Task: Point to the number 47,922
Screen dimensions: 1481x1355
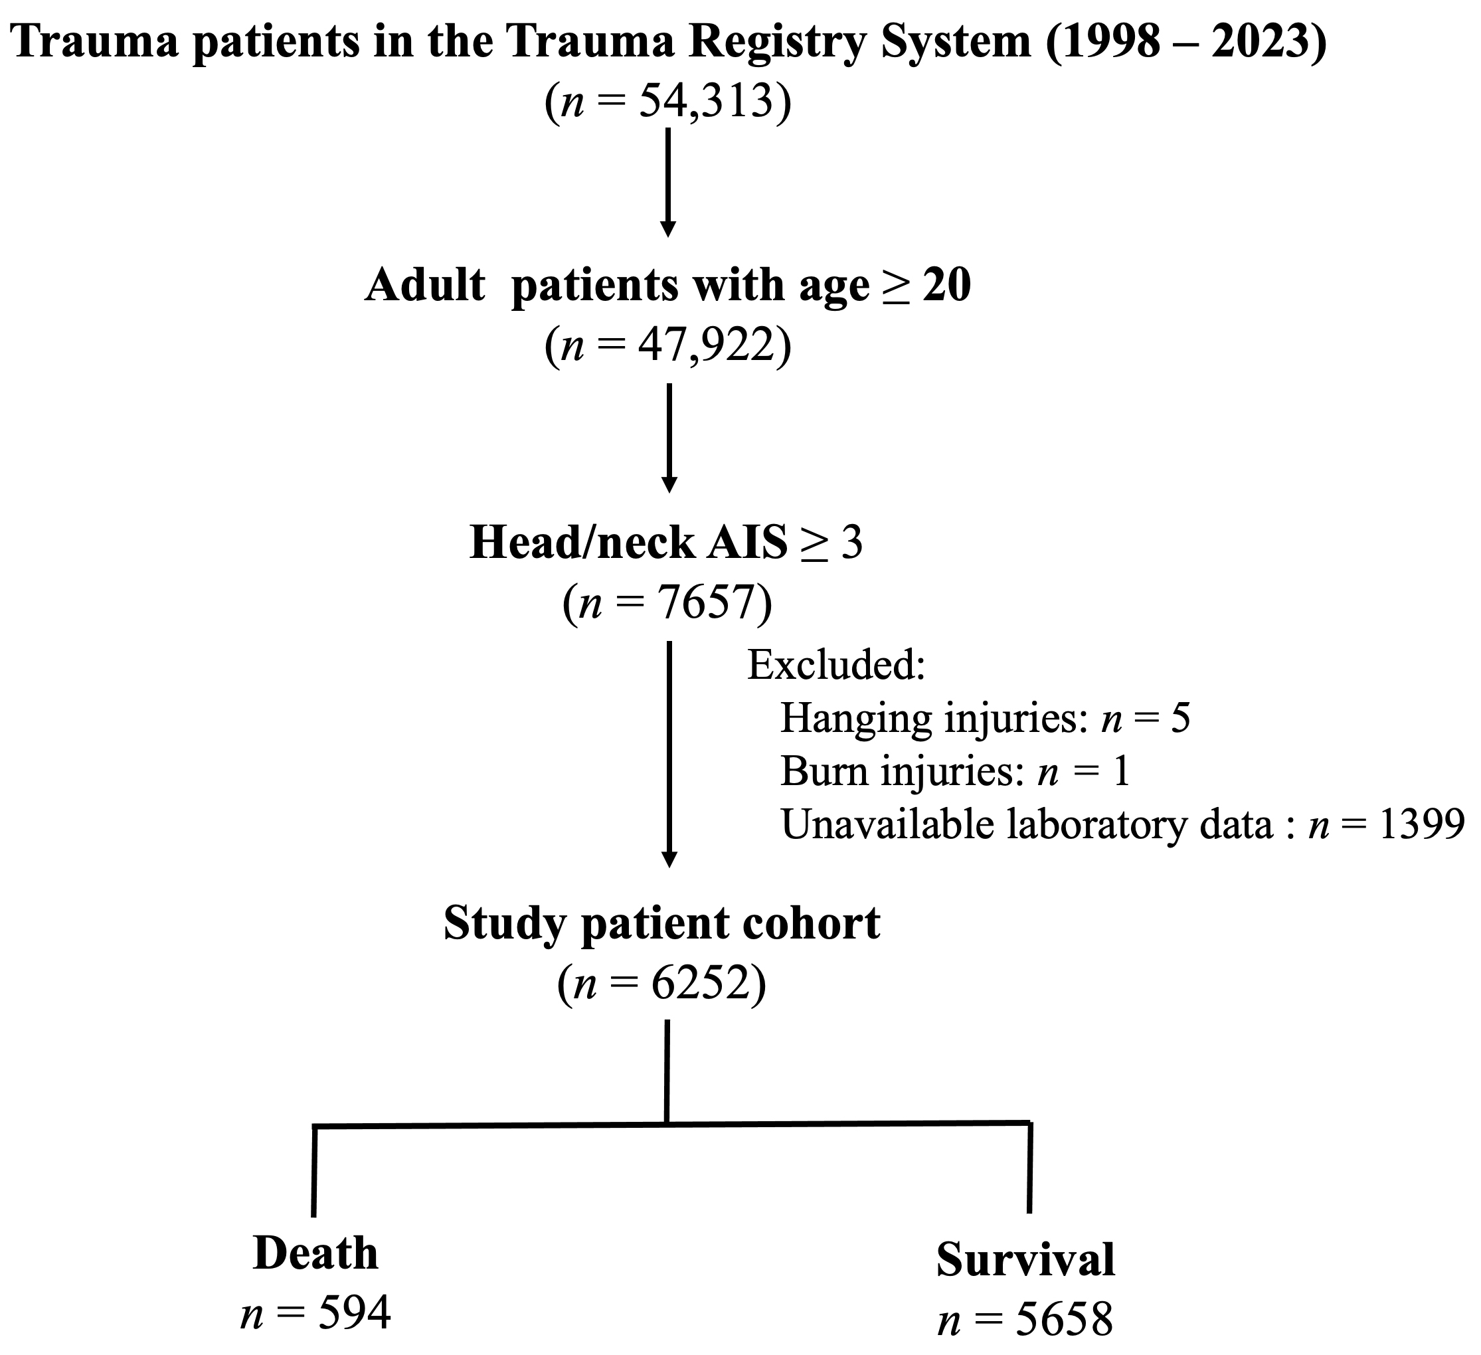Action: pyautogui.click(x=706, y=345)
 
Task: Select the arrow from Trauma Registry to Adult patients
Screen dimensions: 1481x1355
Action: pyautogui.click(x=667, y=183)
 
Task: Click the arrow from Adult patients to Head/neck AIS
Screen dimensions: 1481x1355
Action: pyautogui.click(x=669, y=438)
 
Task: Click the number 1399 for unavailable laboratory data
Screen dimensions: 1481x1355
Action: pyautogui.click(x=1421, y=825)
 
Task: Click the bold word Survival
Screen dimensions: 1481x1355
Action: pyautogui.click(x=1025, y=1259)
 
